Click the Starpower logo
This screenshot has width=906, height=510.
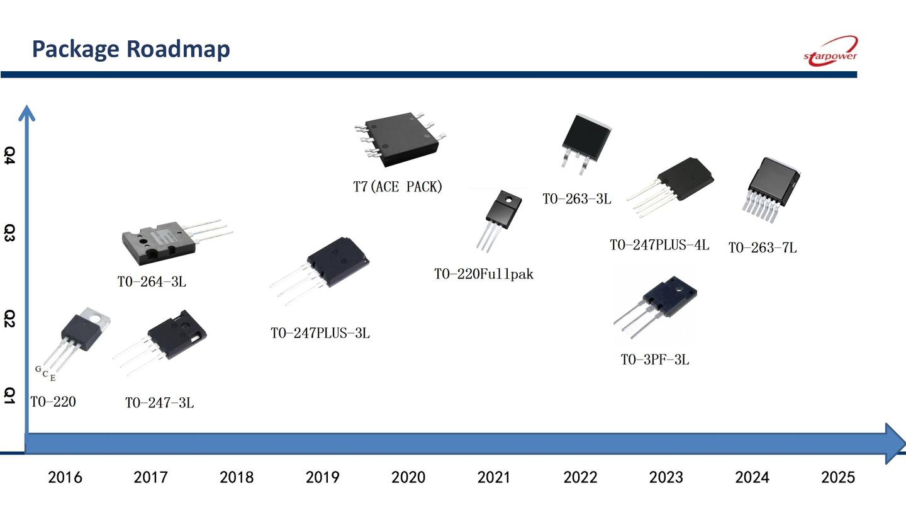830,52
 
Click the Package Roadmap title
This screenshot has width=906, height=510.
131,49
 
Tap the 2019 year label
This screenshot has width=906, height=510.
322,477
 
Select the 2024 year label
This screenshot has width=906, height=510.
752,477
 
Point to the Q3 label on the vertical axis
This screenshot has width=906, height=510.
9,233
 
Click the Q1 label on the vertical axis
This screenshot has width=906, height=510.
9,395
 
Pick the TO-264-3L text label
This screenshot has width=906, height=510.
152,281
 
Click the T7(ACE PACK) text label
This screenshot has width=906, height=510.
398,186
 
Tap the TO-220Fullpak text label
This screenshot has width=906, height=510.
484,275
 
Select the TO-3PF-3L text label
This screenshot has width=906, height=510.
655,360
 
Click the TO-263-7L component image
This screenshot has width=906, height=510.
771,190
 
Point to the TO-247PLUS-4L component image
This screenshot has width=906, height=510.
670,186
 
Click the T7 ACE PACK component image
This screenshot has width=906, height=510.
400,139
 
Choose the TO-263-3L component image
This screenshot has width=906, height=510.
586,144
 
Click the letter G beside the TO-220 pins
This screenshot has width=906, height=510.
38,369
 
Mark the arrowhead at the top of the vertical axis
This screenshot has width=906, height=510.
26,113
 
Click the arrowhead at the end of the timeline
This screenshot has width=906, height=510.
895,443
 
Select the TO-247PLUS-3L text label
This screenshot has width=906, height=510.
320,333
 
